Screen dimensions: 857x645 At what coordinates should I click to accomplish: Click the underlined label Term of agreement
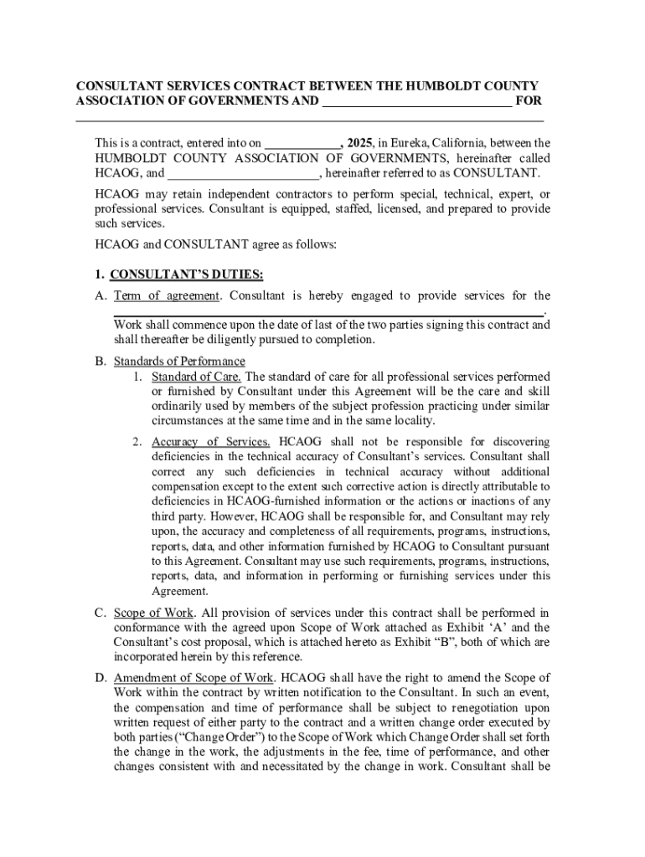tap(166, 295)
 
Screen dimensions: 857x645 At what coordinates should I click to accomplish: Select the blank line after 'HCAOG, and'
tap(242, 175)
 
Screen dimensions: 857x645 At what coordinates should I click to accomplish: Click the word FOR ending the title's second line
tap(529, 101)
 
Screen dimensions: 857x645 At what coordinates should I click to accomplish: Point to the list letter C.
tap(99, 612)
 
